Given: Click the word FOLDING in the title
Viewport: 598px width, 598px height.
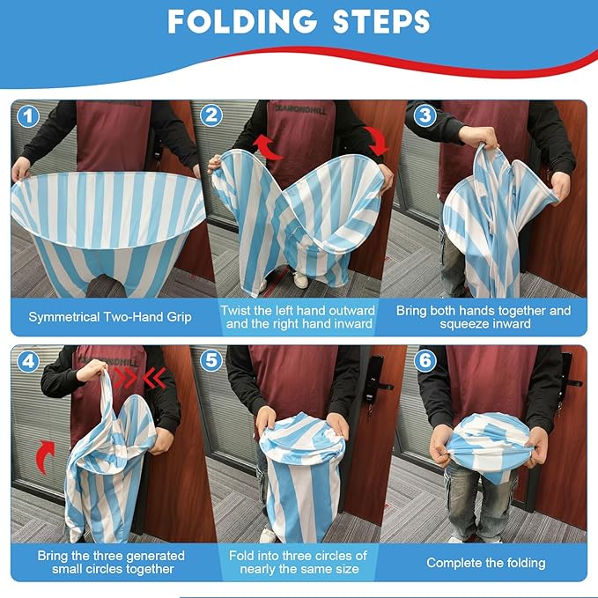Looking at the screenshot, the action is [x=242, y=21].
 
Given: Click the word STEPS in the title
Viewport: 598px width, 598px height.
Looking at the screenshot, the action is [x=381, y=21].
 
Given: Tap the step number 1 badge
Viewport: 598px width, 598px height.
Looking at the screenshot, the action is [x=28, y=116].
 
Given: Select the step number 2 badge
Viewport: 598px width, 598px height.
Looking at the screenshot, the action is [x=210, y=114].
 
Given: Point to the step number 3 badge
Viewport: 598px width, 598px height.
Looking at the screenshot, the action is [x=425, y=114].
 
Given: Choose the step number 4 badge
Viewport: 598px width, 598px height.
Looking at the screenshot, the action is [x=28, y=361].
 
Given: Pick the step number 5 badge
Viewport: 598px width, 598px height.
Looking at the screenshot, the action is [x=210, y=360].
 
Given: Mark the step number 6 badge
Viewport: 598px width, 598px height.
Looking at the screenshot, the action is [x=425, y=360].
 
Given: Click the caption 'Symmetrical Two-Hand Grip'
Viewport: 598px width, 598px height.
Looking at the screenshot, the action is [x=110, y=317].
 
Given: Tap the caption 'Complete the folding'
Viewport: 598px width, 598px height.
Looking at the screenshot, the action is [x=486, y=563].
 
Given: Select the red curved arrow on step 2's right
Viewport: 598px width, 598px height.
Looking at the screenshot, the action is [x=377, y=141].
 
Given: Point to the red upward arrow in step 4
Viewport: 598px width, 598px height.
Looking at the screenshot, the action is [x=47, y=455].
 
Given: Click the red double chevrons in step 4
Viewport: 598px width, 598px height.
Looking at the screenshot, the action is [x=140, y=378].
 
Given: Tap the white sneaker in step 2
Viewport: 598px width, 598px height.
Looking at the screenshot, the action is [x=301, y=280].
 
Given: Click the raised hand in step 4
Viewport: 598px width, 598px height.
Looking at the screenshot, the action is [x=92, y=371].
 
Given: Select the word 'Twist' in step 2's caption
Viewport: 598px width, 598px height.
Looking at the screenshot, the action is [x=234, y=310].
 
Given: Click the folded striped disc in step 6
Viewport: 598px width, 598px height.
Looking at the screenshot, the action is [x=489, y=442].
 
